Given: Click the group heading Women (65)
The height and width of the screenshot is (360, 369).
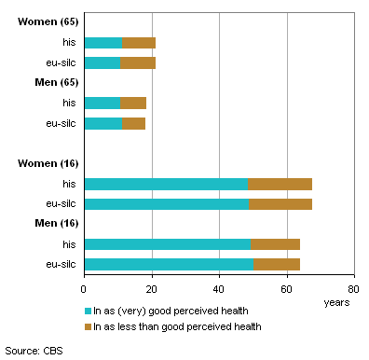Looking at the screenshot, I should pos(41,21).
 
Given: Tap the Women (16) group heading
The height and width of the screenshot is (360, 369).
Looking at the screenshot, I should pos(41,162).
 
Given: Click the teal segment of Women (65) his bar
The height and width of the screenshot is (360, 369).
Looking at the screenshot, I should pos(103,42).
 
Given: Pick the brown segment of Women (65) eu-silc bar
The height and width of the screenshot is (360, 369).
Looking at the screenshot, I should pos(139,62).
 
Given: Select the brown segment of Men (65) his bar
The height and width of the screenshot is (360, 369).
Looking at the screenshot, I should pos(134,103).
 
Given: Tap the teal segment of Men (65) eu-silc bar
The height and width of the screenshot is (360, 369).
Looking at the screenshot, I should pos(103,123).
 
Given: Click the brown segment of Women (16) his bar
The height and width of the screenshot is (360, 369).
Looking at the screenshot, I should pos(280,184).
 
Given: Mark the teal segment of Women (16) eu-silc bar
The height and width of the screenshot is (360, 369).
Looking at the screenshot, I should pos(167,203).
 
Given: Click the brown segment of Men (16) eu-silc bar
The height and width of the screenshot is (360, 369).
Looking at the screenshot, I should pos(276,264).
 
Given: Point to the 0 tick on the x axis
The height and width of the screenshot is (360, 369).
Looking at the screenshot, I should pos(84,288).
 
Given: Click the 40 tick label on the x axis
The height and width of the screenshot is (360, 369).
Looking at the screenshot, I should pos(219,288).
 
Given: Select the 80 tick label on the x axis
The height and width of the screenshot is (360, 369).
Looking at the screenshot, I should pos(353,288).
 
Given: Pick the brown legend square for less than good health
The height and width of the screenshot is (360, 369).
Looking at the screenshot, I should pos(88,326).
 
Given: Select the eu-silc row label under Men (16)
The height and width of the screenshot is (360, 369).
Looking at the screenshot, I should pos(61,264).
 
